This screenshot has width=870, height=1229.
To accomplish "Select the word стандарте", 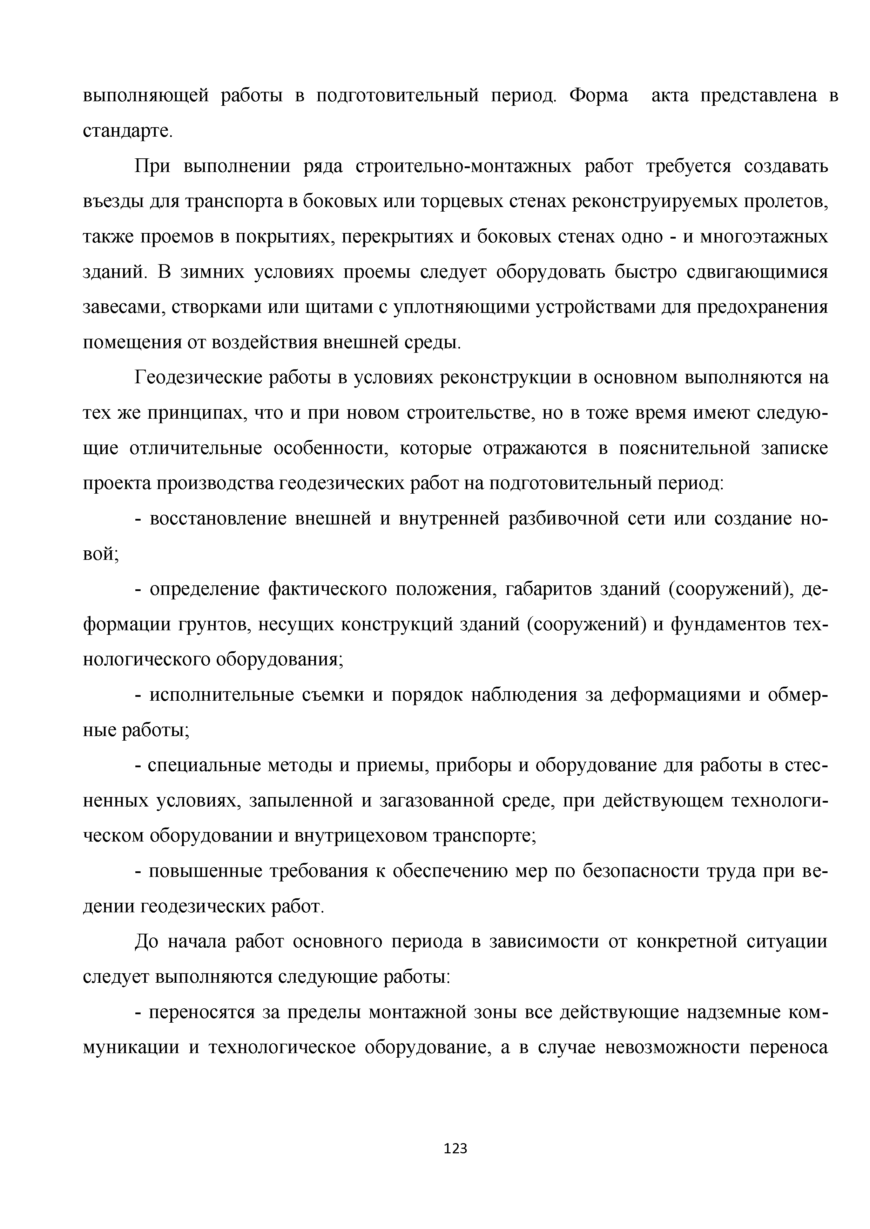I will [128, 131].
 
